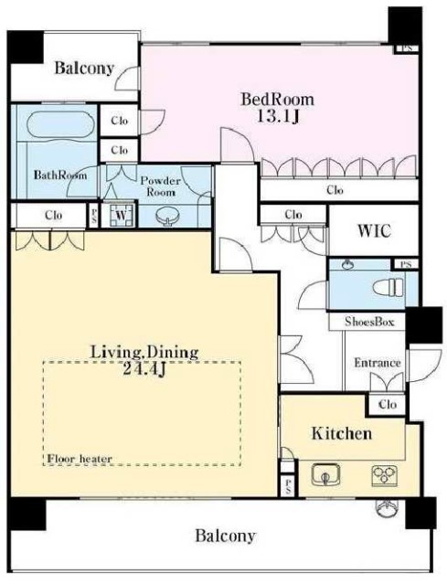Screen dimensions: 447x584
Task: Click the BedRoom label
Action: click(278, 100)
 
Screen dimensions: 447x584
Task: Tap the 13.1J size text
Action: click(278, 117)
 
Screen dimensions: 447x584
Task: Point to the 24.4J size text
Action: click(144, 369)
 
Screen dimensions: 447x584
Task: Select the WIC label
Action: click(375, 231)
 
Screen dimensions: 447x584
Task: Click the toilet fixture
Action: click(388, 287)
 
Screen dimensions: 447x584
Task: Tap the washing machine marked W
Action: click(121, 215)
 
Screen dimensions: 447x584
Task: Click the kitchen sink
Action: click(325, 475)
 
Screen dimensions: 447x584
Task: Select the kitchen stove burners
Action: click(385, 475)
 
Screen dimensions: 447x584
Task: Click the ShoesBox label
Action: click(369, 322)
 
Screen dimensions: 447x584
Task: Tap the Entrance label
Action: click(377, 363)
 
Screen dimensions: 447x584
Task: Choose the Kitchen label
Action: click(342, 433)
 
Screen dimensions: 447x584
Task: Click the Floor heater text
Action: click(80, 459)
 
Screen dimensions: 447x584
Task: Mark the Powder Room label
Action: click(161, 186)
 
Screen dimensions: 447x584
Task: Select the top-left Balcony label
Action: click(84, 69)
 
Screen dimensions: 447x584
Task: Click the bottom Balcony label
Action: click(226, 536)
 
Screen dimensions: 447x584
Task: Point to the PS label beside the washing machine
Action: click(93, 216)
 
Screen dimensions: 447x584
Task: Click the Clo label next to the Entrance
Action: click(388, 404)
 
